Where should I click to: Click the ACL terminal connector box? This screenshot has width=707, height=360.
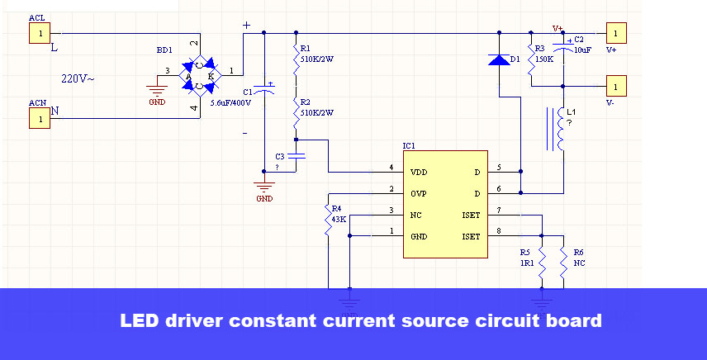click(x=40, y=33)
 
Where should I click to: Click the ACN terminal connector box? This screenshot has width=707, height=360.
click(x=40, y=118)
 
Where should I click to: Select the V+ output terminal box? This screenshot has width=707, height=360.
click(x=616, y=33)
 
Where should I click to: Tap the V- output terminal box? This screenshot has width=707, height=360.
click(x=616, y=86)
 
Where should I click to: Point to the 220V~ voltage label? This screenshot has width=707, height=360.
click(x=78, y=78)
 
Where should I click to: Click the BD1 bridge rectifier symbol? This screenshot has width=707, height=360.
click(x=200, y=75)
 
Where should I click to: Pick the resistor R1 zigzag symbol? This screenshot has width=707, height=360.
click(x=297, y=59)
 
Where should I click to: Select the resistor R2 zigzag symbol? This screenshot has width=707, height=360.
click(x=297, y=113)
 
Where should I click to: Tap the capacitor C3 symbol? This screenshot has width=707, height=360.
click(x=297, y=156)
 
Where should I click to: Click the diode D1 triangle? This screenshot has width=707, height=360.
click(x=499, y=59)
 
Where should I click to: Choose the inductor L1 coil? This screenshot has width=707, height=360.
click(x=561, y=129)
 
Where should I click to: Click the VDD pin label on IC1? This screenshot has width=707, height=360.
click(x=419, y=172)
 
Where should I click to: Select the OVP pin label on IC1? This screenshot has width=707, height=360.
click(x=419, y=194)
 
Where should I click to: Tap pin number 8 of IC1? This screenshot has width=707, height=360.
click(x=499, y=231)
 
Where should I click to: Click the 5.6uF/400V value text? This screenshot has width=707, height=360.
click(x=230, y=102)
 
